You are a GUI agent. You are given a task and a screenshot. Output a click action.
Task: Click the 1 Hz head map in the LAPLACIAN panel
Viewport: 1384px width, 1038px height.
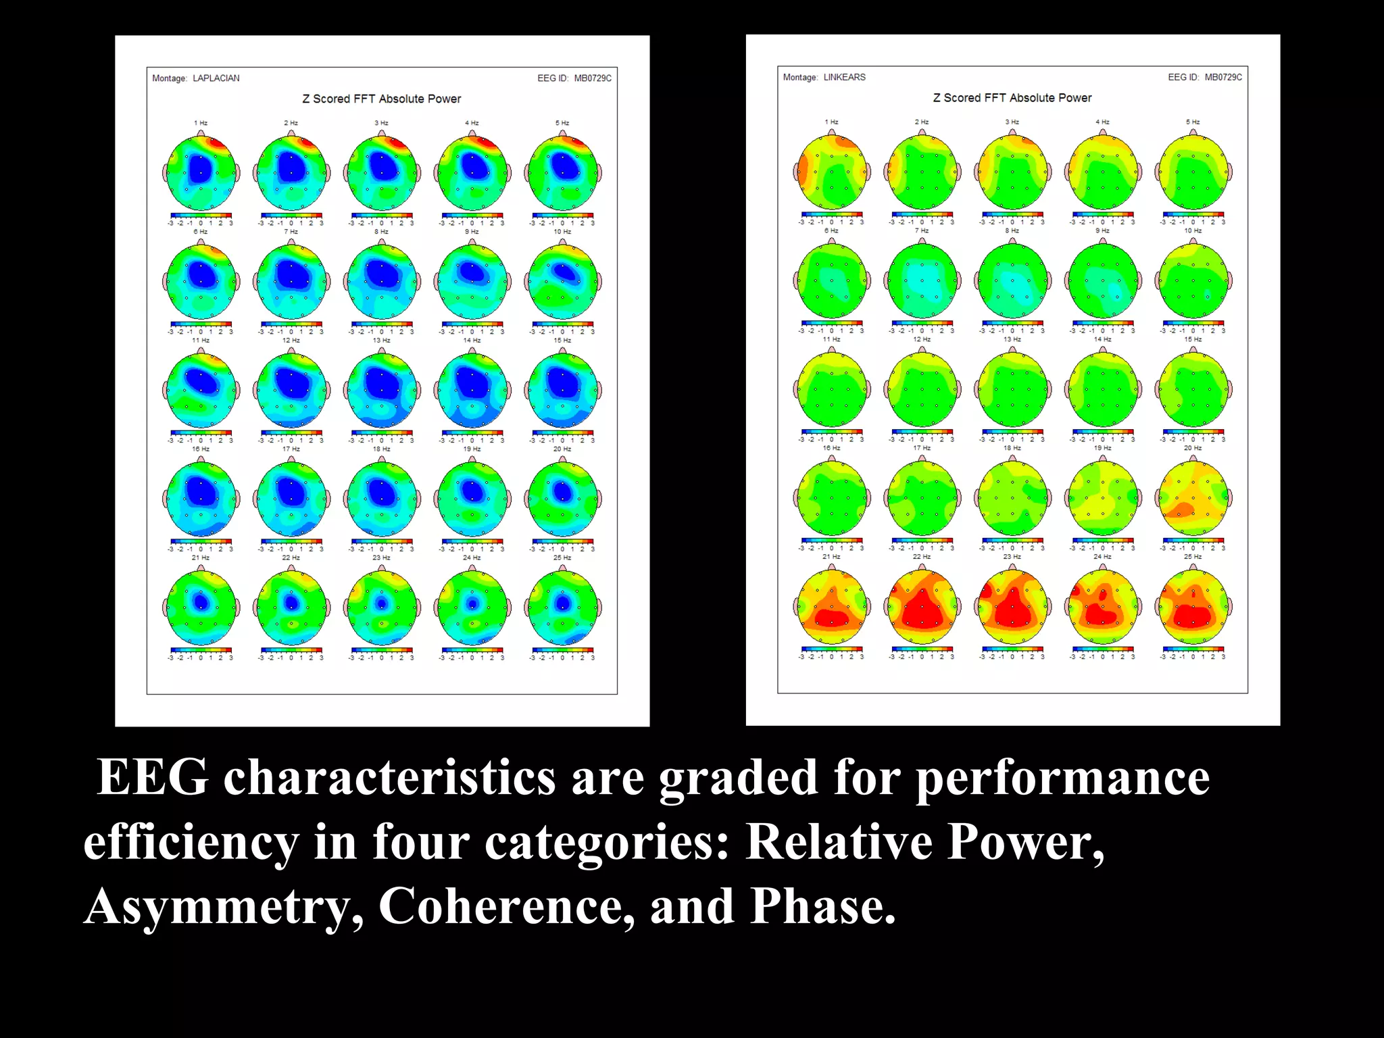201,172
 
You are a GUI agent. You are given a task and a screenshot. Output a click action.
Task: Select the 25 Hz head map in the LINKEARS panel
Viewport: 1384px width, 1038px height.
1193,607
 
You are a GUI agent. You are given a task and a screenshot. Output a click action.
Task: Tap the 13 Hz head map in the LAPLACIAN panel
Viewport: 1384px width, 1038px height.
382,389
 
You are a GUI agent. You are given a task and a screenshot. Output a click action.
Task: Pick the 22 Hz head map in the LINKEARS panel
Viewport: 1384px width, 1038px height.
922,607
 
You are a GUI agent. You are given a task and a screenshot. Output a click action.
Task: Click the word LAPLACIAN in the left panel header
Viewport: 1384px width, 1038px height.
216,78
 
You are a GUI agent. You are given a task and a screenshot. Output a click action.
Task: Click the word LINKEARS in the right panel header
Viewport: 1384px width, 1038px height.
844,77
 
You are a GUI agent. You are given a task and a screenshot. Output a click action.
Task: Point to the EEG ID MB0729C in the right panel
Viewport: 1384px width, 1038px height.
1222,77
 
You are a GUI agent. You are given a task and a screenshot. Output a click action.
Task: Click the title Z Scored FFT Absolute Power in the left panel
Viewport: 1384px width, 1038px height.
381,99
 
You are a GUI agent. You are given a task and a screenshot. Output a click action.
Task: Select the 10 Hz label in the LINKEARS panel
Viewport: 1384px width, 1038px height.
1193,231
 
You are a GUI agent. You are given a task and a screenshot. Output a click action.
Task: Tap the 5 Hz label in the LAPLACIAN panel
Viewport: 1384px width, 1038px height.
562,123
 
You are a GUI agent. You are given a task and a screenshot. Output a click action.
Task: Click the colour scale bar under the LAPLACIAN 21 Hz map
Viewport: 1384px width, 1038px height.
201,650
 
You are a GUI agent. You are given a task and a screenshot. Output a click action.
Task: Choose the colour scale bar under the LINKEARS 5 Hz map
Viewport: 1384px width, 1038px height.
1193,215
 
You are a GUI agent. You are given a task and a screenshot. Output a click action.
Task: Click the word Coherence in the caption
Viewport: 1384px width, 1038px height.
505,906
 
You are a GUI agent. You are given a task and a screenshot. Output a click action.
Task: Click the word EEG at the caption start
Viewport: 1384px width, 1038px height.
152,777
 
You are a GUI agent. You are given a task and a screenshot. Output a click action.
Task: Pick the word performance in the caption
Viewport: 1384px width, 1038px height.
1062,778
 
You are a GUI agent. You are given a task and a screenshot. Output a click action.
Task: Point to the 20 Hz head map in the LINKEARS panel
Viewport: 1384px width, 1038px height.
1193,498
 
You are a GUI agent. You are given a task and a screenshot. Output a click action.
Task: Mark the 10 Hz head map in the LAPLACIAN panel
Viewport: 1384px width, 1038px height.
562,280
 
